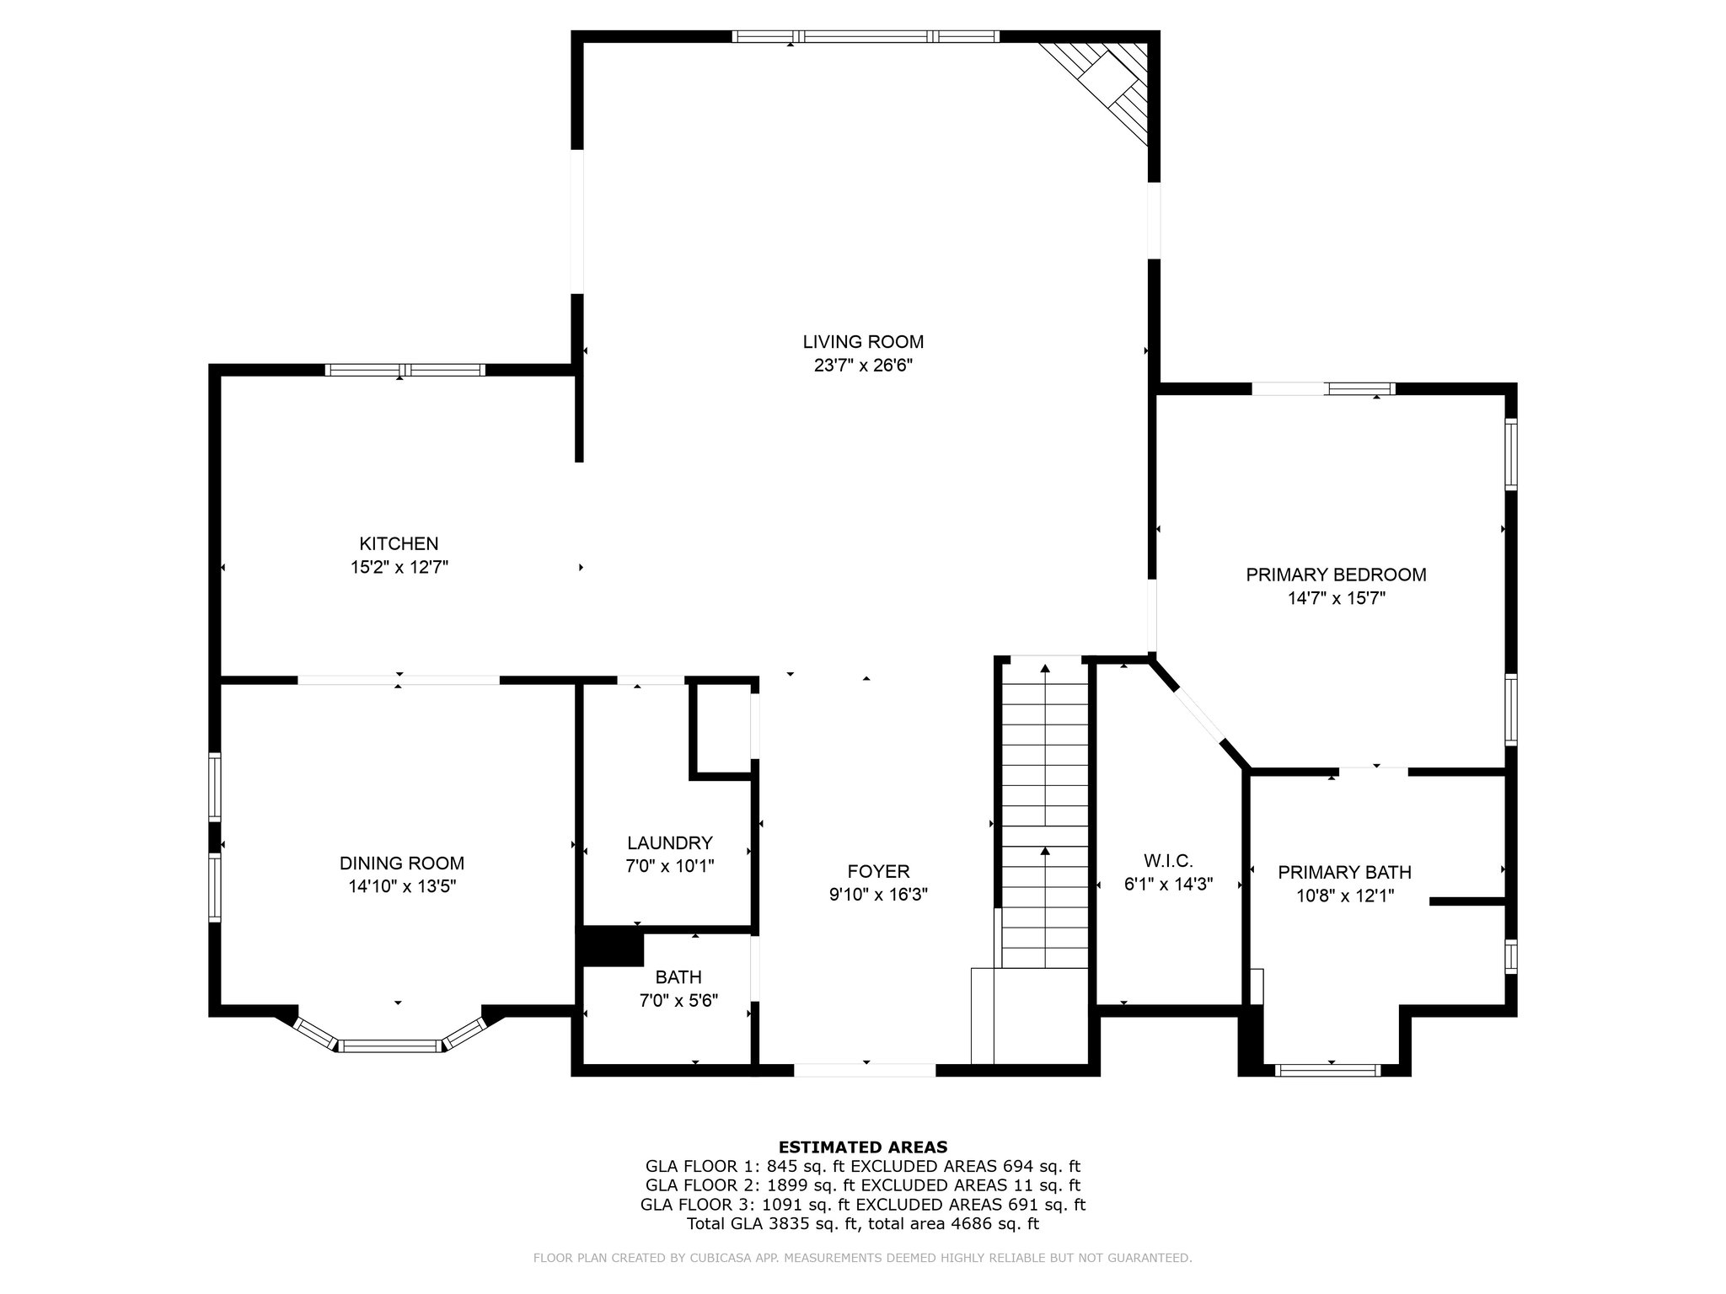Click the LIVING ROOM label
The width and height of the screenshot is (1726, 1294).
(x=863, y=342)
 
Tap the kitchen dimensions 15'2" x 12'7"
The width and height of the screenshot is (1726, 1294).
(x=399, y=568)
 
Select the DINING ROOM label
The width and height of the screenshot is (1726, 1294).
(x=402, y=864)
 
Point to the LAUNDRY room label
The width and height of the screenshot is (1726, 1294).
(x=670, y=843)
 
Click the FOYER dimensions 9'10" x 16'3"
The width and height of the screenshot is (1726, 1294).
(x=879, y=895)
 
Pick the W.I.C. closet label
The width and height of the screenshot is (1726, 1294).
(x=1169, y=861)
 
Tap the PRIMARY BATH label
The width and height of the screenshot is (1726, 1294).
(x=1345, y=873)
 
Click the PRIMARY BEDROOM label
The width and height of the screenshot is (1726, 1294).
(x=1337, y=575)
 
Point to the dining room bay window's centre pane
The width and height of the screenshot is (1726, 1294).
(x=391, y=1046)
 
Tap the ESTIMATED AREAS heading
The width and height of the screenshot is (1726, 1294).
(x=863, y=1147)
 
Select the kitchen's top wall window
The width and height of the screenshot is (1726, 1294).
(x=405, y=370)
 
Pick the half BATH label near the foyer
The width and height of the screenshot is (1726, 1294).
(x=678, y=978)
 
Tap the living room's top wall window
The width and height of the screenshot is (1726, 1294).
(x=866, y=36)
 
